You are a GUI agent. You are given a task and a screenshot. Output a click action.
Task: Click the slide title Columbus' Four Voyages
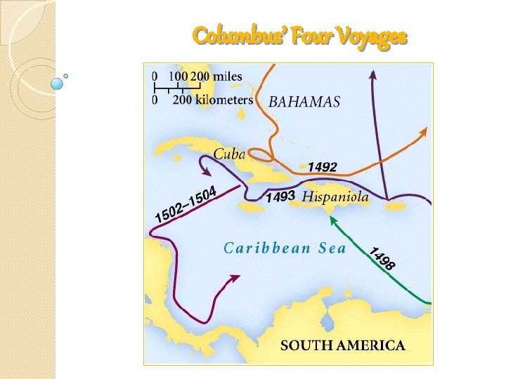(x=299, y=35)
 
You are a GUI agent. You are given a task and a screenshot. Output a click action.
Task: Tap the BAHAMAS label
(x=304, y=102)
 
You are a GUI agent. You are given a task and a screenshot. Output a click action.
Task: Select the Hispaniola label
(x=335, y=197)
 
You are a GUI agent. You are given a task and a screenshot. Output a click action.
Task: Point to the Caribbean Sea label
(x=285, y=248)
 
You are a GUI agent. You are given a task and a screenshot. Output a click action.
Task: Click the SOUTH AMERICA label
(x=343, y=345)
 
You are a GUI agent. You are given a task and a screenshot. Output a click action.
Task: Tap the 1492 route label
(x=323, y=167)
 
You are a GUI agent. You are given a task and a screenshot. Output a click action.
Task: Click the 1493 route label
(x=279, y=197)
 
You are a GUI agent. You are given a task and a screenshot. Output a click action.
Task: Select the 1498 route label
(x=382, y=258)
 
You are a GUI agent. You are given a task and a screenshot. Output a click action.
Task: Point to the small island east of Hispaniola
(x=396, y=206)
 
